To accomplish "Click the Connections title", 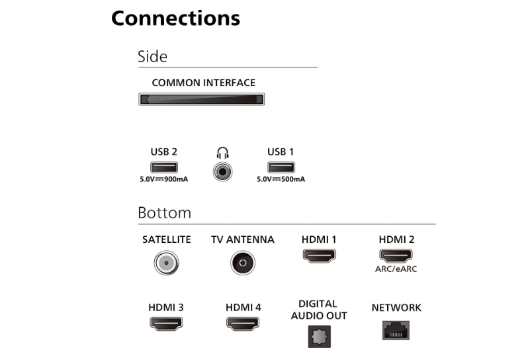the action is coord(175,18).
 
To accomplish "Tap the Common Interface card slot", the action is coord(201,99).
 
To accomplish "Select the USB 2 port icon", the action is coord(164,167).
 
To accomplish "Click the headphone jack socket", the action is coord(222,172).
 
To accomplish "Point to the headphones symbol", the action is coord(222,153).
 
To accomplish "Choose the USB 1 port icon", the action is coord(281,167).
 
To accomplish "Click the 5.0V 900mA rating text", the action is coord(164,179).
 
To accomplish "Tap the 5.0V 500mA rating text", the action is coord(281,179).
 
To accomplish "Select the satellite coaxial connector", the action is coord(166,263).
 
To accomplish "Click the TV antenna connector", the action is coord(243,263).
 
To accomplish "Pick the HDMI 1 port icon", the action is coord(319,255).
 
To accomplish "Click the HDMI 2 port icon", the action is coord(396,255).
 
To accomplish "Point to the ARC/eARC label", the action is coord(396,269).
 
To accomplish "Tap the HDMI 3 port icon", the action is coord(166,324).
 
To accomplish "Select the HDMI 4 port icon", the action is coord(243,324).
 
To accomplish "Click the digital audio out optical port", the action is coord(319,336).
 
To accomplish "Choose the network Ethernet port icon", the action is coord(396,330).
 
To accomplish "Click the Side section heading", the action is coord(152,56).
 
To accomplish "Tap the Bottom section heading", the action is coord(164,213).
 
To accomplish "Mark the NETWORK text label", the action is coord(396,308).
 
